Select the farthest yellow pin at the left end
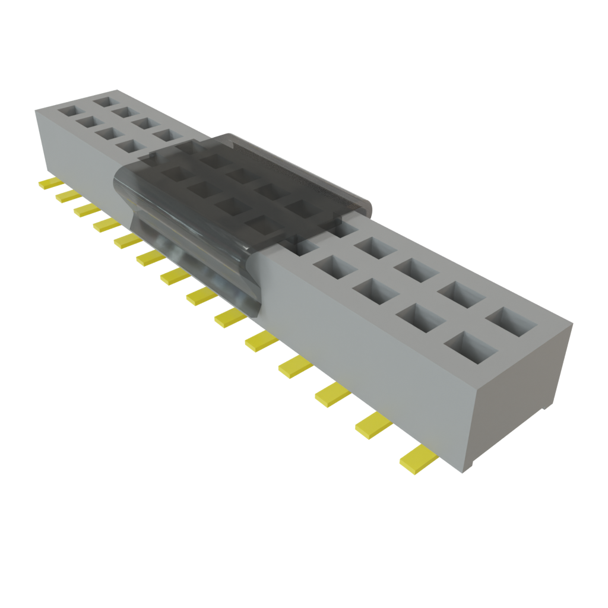coord(50,183)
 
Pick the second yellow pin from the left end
coord(68,197)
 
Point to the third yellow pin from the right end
coord(334,394)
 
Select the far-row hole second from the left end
coord(124,112)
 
